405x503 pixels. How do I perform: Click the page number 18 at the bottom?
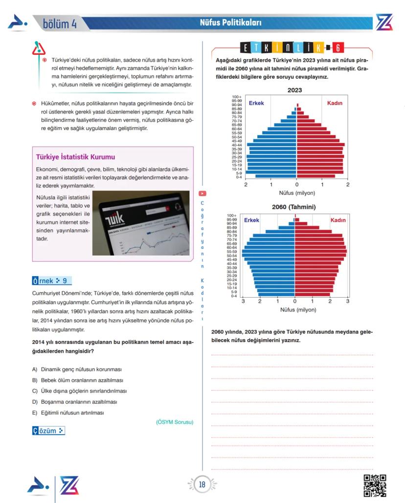pyautogui.click(x=202, y=484)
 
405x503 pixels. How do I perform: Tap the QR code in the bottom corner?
pyautogui.click(x=376, y=485)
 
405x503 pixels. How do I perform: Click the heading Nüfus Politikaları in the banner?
pyautogui.click(x=230, y=23)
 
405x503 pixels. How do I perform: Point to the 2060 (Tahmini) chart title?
pyautogui.click(x=293, y=207)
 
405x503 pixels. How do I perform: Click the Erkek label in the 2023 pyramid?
pyautogui.click(x=256, y=103)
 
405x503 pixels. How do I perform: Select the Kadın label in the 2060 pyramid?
pyautogui.click(x=338, y=220)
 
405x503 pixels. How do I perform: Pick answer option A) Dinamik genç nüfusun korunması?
pyautogui.click(x=77, y=369)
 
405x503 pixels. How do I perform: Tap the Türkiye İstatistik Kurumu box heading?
pyautogui.click(x=75, y=157)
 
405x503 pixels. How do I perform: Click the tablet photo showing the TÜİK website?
pyautogui.click(x=141, y=223)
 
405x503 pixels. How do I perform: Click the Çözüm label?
pyautogui.click(x=48, y=431)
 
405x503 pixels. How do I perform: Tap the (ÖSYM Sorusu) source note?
pyautogui.click(x=175, y=422)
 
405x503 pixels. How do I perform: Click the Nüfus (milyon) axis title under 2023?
pyautogui.click(x=297, y=192)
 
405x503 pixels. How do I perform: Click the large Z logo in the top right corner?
pyautogui.click(x=384, y=23)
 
